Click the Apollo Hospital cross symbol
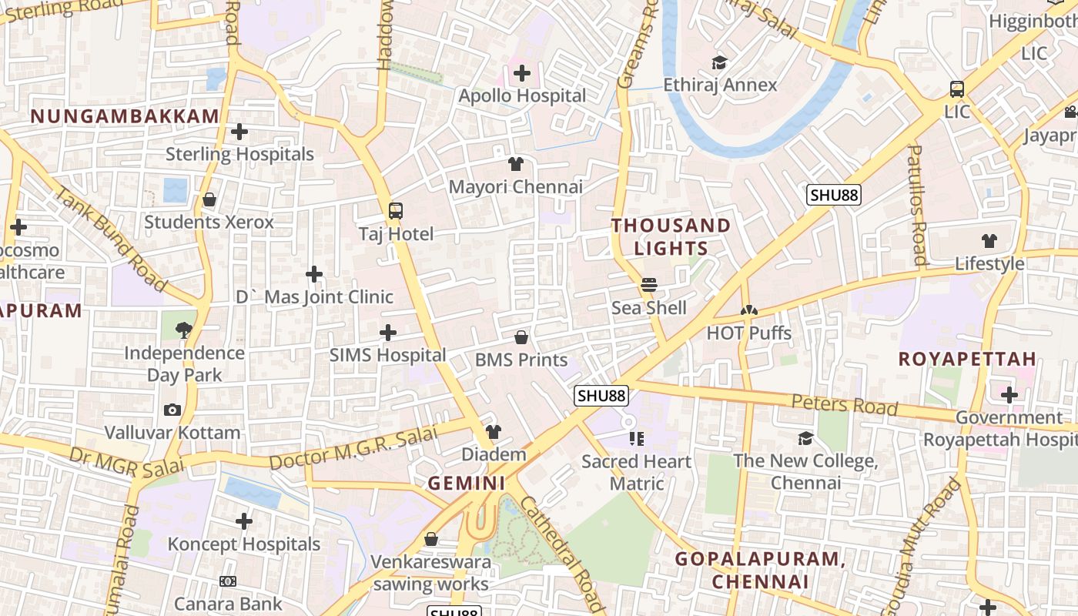tap(522, 74)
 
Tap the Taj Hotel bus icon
tap(396, 210)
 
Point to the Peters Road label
tap(845, 404)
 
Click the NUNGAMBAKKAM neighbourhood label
tap(125, 116)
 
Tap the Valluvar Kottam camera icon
tap(172, 410)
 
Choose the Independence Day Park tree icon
tap(184, 330)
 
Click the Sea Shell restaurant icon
tap(649, 285)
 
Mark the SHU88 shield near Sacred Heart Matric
tap(601, 396)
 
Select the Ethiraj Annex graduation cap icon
tap(720, 62)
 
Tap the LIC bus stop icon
tap(957, 89)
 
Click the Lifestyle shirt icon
tap(989, 241)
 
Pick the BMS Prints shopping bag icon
tap(521, 337)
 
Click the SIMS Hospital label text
tap(388, 355)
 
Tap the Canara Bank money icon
tap(228, 581)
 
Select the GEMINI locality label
tap(467, 484)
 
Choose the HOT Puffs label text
tap(749, 333)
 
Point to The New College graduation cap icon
tap(805, 438)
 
